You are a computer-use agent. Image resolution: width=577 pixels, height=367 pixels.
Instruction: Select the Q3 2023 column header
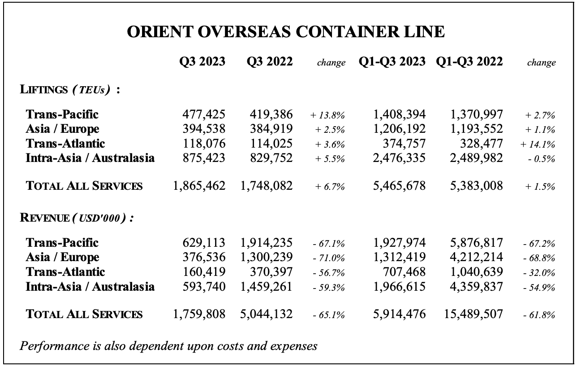coord(202,61)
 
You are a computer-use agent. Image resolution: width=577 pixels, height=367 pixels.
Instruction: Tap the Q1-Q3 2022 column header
coord(469,61)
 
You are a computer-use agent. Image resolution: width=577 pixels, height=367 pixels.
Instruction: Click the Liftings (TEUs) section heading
coord(70,89)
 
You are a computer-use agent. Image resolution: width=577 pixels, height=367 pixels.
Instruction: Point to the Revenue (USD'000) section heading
coord(77,218)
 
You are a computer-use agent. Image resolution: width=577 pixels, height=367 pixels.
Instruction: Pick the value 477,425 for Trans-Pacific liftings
coord(204,114)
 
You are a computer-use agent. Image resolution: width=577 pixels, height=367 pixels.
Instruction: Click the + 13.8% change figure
coord(327,115)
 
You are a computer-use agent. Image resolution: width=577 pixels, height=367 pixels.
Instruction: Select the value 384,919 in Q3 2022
coord(271,129)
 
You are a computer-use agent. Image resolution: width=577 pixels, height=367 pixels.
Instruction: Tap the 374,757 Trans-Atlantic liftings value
coord(404,144)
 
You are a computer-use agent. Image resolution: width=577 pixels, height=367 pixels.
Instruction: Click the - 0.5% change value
coord(541,159)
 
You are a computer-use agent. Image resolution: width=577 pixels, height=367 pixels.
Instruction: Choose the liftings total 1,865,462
coord(199,186)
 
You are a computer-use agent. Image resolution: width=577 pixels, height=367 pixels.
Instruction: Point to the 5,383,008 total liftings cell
coord(476,186)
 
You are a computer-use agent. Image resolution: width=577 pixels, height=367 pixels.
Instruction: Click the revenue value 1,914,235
coord(267,243)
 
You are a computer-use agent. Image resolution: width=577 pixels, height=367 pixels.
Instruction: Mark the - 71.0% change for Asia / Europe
coord(328,258)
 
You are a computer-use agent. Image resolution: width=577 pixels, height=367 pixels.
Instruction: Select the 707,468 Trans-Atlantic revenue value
coord(404,272)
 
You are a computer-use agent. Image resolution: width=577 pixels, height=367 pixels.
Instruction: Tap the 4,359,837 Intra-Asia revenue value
coord(476,287)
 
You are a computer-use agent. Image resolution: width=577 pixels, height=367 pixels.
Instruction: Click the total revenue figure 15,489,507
coord(474,314)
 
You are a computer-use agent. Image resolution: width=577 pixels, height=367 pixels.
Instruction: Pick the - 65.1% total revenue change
coord(328,315)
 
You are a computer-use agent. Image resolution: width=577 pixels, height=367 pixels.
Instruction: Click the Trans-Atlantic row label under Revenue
coord(65,272)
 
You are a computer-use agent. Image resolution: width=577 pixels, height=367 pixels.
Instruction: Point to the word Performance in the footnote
coord(55,346)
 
